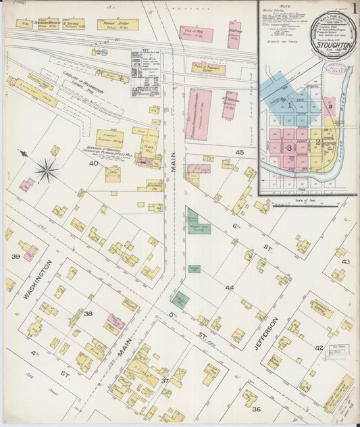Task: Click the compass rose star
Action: point(47,169)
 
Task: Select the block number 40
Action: point(93,163)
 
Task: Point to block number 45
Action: point(239,152)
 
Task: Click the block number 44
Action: point(230,288)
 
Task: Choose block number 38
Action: point(88,314)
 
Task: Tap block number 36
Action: point(256,409)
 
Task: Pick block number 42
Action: point(319,347)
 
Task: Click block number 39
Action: point(15,257)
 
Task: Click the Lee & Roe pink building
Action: point(196,34)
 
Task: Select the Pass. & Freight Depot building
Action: point(209,68)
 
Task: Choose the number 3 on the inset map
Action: point(289,147)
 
